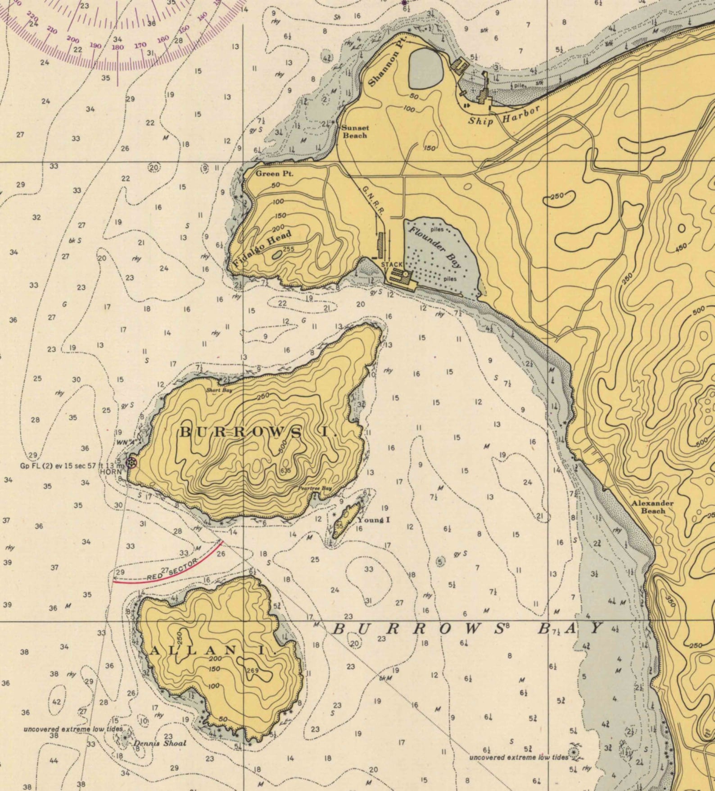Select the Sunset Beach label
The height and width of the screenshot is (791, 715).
[355, 131]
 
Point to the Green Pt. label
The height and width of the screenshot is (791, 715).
[275, 174]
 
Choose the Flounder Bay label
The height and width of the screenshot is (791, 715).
[435, 247]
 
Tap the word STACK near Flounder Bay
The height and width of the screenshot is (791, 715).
[392, 265]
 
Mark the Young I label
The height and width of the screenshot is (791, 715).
[373, 520]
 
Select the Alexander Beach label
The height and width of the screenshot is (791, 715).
[652, 507]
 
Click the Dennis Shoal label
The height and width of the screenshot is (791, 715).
[160, 743]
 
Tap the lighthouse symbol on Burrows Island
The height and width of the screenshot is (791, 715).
[131, 462]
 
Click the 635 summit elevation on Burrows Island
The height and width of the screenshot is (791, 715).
[285, 471]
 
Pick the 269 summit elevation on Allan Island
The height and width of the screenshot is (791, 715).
[253, 670]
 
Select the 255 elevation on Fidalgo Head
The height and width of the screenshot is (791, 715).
[288, 249]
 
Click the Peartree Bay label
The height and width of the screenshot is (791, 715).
[315, 488]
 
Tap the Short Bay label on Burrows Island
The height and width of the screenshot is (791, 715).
[219, 390]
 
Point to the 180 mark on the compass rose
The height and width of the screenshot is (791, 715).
[118, 47]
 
